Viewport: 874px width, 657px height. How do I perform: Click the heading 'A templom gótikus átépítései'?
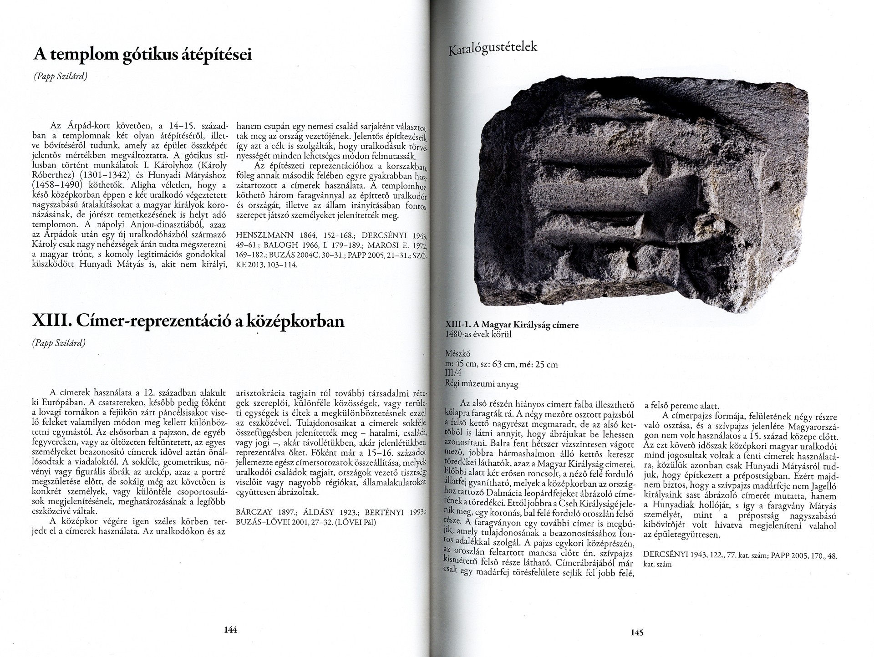pyautogui.click(x=142, y=56)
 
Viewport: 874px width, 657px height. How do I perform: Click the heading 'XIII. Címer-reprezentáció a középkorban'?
pyautogui.click(x=188, y=322)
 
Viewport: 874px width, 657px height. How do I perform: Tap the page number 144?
pyautogui.click(x=231, y=630)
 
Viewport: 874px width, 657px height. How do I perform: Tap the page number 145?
pyautogui.click(x=636, y=632)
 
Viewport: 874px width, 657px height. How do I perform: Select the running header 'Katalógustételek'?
pyautogui.click(x=493, y=48)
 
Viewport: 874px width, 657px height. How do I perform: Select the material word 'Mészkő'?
pyautogui.click(x=457, y=354)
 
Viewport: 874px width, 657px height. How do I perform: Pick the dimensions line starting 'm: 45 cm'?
pyautogui.click(x=501, y=364)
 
